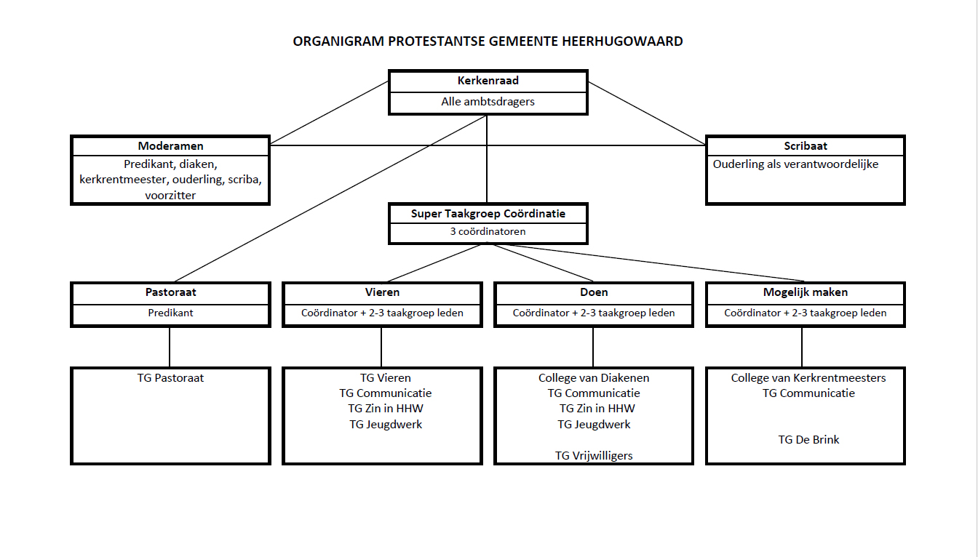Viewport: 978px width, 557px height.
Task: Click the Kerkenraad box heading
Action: click(488, 81)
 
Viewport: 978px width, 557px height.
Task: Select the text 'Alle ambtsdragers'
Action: click(488, 102)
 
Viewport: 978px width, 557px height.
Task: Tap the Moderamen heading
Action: click(170, 145)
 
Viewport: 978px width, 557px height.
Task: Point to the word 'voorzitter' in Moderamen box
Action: click(170, 195)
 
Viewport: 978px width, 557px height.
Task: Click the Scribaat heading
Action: click(805, 145)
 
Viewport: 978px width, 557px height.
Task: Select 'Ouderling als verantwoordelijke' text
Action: click(795, 164)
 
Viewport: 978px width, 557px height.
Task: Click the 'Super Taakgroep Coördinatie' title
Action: click(488, 214)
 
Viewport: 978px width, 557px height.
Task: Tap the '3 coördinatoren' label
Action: click(488, 232)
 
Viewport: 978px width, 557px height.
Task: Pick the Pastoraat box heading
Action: click(170, 292)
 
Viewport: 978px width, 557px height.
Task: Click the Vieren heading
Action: click(382, 292)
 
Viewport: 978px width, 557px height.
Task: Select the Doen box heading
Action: click(594, 292)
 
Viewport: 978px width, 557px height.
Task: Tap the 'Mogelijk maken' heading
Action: click(805, 292)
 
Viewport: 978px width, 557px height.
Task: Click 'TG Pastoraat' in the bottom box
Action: click(170, 377)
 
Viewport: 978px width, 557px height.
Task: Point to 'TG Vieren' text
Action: click(386, 377)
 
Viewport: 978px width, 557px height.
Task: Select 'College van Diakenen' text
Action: click(594, 378)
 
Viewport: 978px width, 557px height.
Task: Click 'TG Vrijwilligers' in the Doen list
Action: click(594, 456)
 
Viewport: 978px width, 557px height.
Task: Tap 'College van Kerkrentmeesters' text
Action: click(808, 378)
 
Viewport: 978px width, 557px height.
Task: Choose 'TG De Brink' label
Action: click(808, 440)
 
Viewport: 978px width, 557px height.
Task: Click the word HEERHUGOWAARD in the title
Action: click(622, 41)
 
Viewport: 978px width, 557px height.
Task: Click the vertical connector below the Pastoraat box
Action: click(170, 347)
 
